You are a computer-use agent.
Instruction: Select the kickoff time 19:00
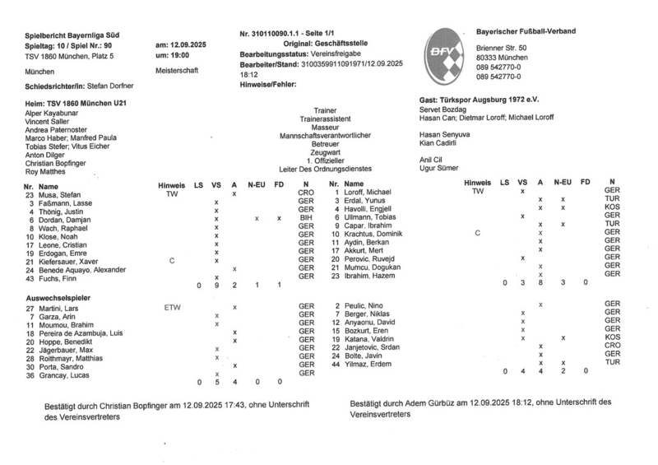[178, 54]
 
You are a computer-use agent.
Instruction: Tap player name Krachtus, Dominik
[378, 235]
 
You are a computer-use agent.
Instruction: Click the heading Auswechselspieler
[58, 295]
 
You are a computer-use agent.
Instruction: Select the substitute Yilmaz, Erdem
[368, 364]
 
